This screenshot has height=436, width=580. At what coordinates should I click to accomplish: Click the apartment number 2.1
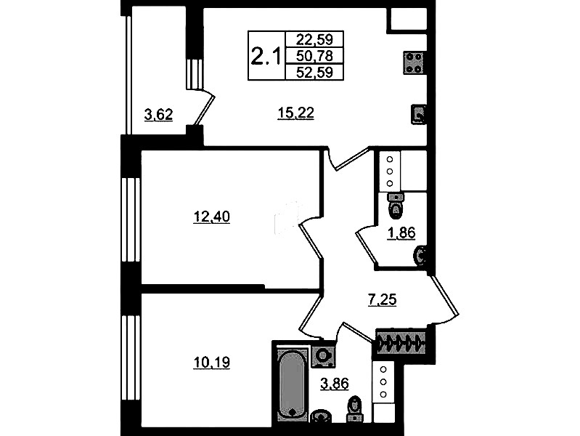[266, 56]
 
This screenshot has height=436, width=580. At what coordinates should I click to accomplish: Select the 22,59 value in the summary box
[314, 39]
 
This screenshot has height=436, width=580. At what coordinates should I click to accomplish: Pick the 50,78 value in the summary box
[314, 55]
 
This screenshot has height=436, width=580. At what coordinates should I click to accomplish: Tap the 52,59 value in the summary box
[314, 72]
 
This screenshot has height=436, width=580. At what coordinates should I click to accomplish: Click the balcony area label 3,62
[159, 115]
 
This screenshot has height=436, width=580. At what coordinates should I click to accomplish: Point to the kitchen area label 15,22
[295, 113]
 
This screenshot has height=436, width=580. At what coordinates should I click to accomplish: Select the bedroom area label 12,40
[211, 217]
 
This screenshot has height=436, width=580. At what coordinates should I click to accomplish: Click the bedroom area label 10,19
[211, 363]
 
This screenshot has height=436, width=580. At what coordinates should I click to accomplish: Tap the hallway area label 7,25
[382, 299]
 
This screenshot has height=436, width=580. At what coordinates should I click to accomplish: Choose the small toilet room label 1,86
[401, 233]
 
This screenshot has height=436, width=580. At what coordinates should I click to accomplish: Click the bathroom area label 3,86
[335, 384]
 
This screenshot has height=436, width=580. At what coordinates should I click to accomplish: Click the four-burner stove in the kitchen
[414, 62]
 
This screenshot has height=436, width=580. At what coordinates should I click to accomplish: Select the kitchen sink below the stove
[418, 114]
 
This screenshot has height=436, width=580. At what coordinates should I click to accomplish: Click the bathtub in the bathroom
[293, 385]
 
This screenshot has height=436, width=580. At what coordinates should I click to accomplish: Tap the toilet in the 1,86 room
[395, 205]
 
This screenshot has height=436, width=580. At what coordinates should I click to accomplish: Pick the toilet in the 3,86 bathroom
[355, 409]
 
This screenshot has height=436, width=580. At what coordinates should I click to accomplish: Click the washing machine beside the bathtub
[323, 356]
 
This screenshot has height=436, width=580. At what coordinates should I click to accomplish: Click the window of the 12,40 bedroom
[131, 220]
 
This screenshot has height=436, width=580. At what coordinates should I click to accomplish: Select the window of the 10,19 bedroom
[131, 358]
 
